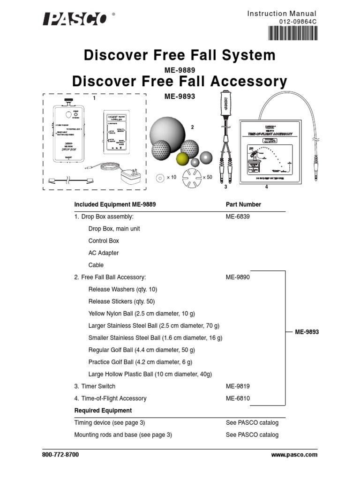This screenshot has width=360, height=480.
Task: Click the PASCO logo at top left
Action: click(75, 19)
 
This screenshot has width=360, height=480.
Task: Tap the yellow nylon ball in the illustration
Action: click(182, 159)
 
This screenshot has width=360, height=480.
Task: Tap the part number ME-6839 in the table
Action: click(238, 217)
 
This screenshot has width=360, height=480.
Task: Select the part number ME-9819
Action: click(238, 386)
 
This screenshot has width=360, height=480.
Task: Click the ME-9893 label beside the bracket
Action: click(307, 332)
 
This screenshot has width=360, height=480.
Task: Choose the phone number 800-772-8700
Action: click(60, 455)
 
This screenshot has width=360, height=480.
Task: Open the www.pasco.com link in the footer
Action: click(294, 455)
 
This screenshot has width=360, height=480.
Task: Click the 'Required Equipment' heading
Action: click(103, 411)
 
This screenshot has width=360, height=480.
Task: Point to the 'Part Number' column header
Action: click(243, 204)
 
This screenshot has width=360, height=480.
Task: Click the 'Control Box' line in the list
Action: click(104, 241)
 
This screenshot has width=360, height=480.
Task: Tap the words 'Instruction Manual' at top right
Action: click(282, 14)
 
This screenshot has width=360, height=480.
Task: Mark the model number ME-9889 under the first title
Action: click(180, 70)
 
